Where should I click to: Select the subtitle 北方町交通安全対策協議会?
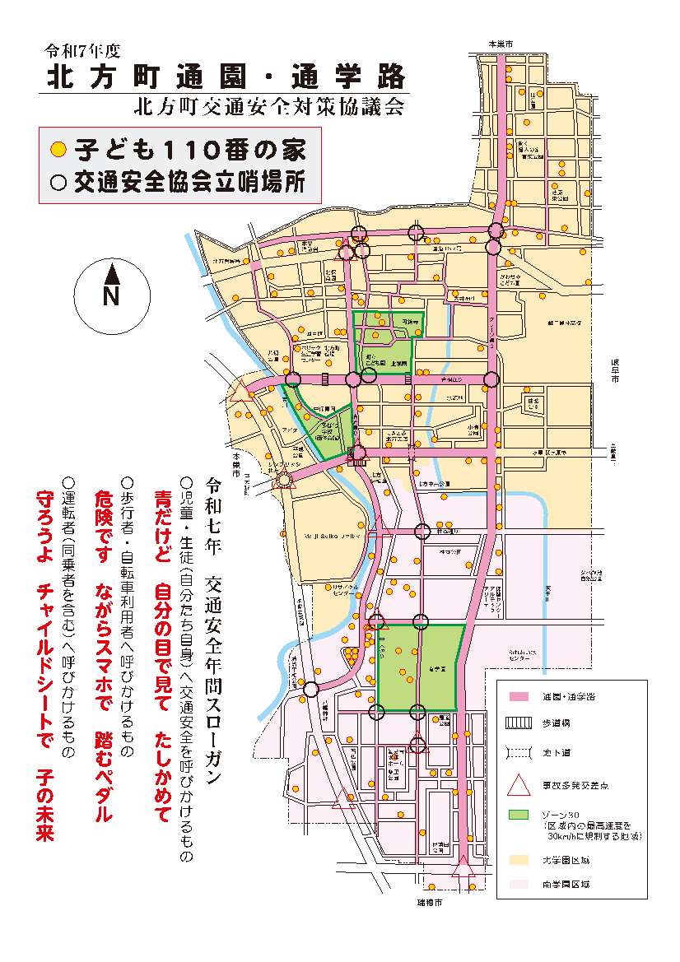point(272,106)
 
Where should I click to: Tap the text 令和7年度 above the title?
point(83,50)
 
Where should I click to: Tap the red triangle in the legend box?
point(518,784)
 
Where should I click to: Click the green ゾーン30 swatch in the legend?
point(518,815)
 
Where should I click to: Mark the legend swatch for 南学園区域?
point(518,885)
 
